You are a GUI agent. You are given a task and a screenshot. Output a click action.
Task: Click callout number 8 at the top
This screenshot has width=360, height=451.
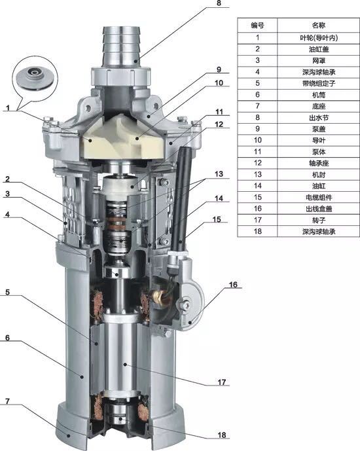[x=219, y=3]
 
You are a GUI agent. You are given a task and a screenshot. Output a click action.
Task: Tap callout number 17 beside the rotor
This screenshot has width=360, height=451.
[x=222, y=382]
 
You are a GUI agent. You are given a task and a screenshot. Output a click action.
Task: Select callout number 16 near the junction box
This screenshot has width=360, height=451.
[x=233, y=285]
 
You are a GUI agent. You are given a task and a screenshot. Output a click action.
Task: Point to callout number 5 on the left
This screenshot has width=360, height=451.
[x=7, y=292]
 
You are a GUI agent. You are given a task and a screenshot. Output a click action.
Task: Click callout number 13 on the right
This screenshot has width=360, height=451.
[x=219, y=174]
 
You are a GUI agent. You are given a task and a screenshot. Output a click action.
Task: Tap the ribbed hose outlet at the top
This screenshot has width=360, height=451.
[x=122, y=46]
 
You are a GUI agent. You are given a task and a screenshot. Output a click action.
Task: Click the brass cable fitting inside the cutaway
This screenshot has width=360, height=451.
[x=160, y=297]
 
